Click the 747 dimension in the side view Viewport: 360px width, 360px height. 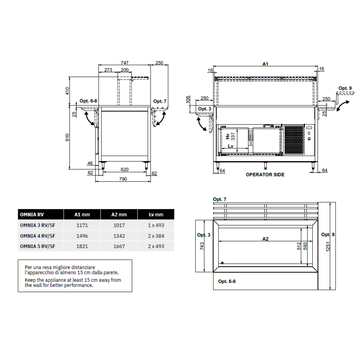(x=125, y=63)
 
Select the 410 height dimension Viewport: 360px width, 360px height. (x=67, y=91)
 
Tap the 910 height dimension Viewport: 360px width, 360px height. (x=67, y=138)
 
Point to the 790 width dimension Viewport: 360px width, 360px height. (x=123, y=179)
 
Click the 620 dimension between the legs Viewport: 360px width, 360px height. (x=125, y=170)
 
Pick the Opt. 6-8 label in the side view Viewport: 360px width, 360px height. (x=89, y=101)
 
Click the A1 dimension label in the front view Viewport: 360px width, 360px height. (x=265, y=64)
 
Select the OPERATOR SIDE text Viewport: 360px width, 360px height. (x=265, y=175)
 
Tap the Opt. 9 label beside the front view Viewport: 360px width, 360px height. (x=345, y=88)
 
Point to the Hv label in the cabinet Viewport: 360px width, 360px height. (x=228, y=136)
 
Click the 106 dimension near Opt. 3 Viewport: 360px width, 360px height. (x=188, y=99)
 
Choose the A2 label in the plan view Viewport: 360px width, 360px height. (x=265, y=239)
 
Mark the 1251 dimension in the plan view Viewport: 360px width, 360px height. (x=328, y=247)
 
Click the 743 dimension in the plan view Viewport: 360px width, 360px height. (x=202, y=246)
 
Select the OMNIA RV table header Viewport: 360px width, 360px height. (x=32, y=215)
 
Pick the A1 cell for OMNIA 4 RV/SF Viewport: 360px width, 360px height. (x=82, y=236)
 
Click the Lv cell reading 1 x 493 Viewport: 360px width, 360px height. (x=156, y=225)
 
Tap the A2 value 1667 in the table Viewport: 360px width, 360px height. (x=119, y=246)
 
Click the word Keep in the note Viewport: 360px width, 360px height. (x=30, y=280)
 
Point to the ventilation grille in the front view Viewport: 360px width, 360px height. (x=294, y=140)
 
